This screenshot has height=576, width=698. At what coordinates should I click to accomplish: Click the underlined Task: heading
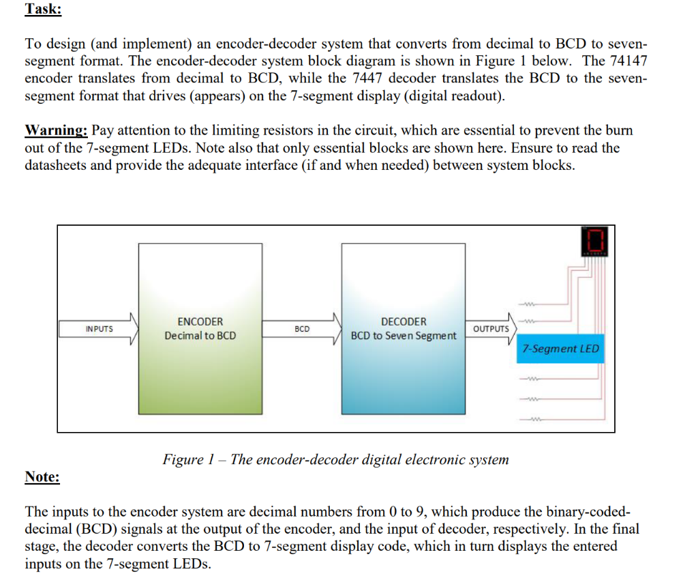43,10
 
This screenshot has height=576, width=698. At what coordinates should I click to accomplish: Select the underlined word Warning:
57,130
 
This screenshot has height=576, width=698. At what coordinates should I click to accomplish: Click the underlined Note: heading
42,476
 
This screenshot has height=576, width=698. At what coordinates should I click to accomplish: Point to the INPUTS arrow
100,329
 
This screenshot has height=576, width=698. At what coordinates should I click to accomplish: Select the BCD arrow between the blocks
302,329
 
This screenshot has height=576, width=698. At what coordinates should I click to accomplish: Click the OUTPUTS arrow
491,329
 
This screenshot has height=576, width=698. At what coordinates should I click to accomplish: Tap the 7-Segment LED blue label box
560,349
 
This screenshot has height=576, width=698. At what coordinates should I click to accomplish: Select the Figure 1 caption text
335,459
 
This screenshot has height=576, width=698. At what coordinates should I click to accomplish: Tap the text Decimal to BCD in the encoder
200,336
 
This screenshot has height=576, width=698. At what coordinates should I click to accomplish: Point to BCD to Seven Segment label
404,336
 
